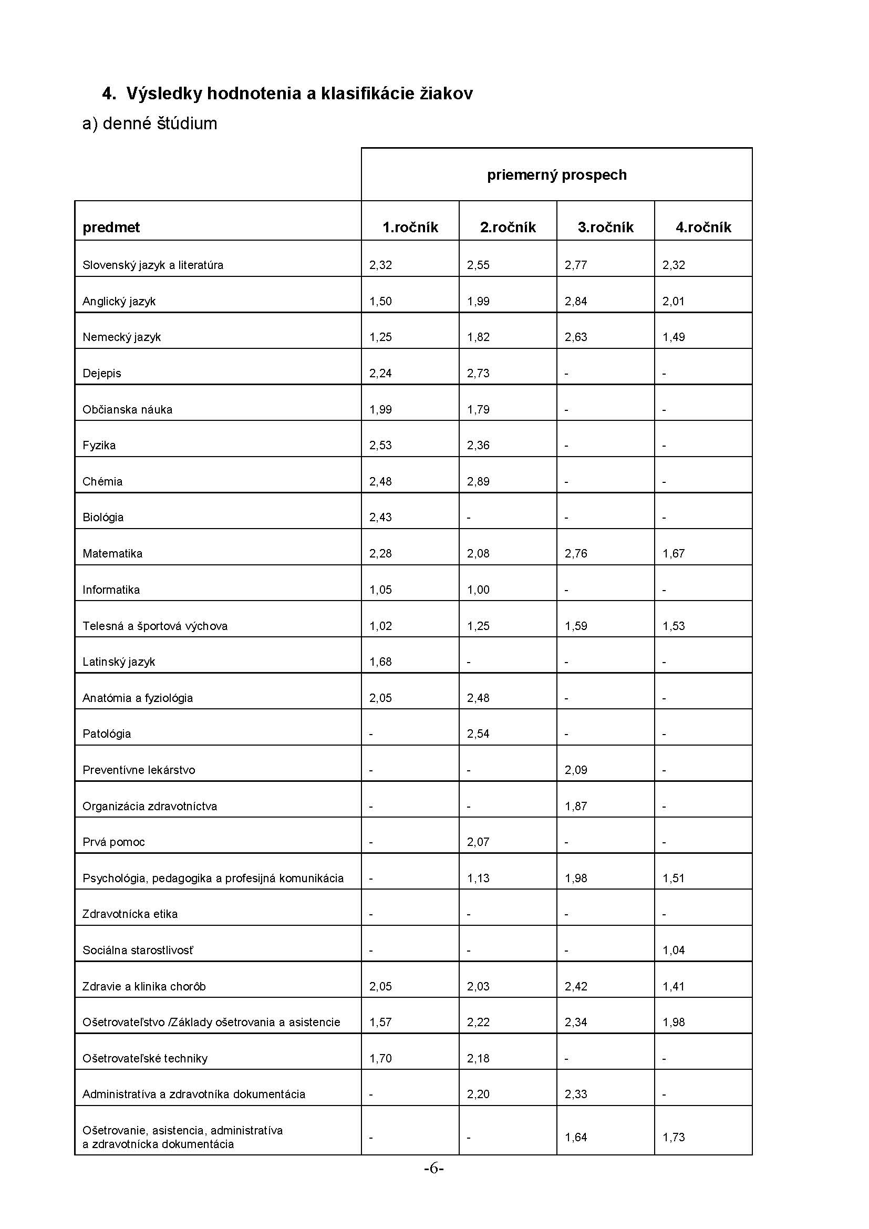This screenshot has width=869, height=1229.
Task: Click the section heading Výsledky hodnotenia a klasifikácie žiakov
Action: [287, 94]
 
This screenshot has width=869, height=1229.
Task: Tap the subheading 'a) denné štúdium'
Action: [149, 123]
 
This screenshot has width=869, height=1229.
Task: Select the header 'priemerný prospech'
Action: [556, 175]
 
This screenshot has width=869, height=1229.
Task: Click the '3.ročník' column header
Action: [605, 228]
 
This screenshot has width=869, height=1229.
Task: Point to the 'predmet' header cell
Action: [111, 228]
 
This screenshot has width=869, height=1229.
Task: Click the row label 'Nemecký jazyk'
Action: [121, 337]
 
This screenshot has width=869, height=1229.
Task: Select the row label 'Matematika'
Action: [112, 553]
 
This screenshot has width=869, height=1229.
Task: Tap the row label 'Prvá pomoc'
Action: [113, 842]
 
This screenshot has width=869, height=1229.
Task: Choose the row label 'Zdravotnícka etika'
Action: [130, 914]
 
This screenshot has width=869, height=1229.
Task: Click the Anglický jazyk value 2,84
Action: [576, 302]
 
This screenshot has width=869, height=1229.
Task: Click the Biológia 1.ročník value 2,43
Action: [380, 518]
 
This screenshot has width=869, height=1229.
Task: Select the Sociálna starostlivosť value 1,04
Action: [673, 950]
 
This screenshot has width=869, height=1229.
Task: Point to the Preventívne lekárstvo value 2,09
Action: [576, 770]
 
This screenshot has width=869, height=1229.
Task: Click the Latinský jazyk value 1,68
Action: [380, 662]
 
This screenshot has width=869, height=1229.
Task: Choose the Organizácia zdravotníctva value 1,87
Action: [576, 806]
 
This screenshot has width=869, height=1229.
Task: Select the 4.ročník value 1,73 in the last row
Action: [673, 1137]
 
